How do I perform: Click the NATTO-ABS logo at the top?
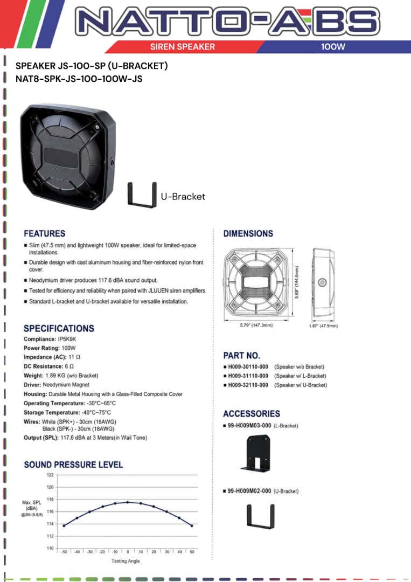(x=227, y=20)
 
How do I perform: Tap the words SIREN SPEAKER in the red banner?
(x=183, y=47)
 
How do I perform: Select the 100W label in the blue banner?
(x=333, y=47)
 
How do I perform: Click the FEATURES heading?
(x=45, y=233)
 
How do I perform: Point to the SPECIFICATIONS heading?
(x=59, y=329)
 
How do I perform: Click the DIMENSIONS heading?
(x=248, y=233)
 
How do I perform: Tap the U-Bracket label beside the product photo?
(x=183, y=196)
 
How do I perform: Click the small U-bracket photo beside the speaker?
(x=142, y=195)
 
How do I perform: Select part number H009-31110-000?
(x=248, y=376)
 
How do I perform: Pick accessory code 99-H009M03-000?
(x=249, y=425)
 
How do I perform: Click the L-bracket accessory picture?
(x=255, y=453)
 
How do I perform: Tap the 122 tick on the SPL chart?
(x=50, y=475)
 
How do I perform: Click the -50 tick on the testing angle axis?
(x=64, y=552)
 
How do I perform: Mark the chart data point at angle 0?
(x=128, y=502)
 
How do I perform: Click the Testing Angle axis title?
(x=126, y=561)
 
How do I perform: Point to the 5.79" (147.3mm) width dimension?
(x=256, y=325)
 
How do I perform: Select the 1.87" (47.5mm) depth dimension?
(x=323, y=326)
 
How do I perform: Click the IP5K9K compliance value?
(x=67, y=339)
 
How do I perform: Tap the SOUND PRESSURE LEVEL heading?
(x=73, y=465)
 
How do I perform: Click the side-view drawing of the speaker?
(x=323, y=283)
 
